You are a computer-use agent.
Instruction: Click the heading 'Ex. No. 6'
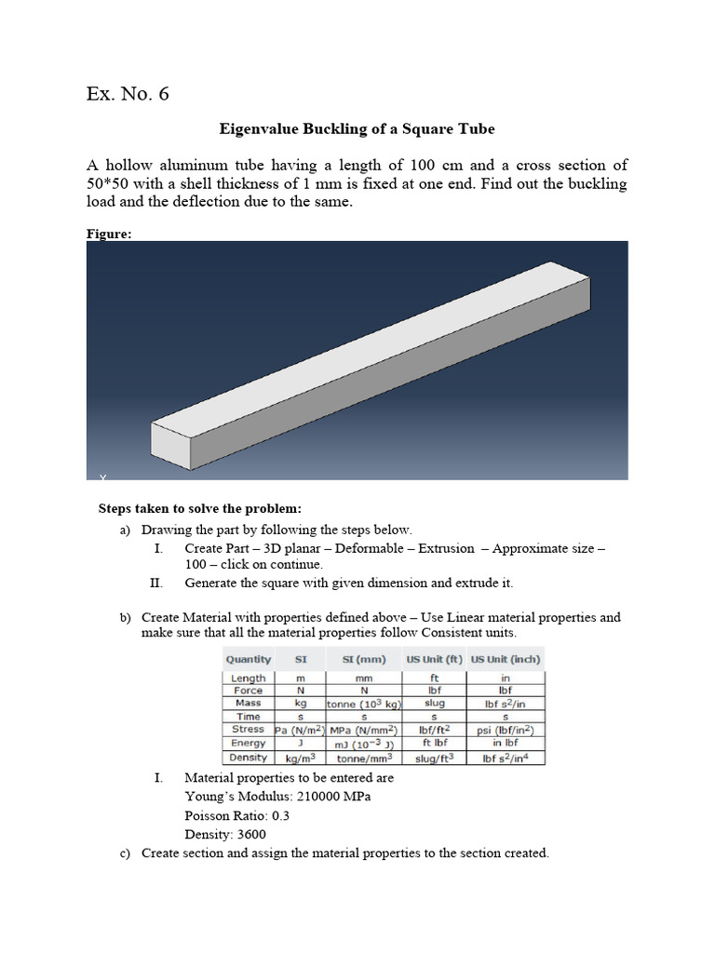click(x=128, y=94)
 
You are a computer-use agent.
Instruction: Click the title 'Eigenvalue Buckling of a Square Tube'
click(x=357, y=129)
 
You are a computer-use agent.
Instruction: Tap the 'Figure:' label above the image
click(x=108, y=235)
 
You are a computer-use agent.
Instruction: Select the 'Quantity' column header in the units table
click(x=249, y=659)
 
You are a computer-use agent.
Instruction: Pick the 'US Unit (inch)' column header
click(x=506, y=659)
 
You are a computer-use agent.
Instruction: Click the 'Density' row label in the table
click(x=249, y=758)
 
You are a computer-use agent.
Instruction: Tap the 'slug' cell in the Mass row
click(x=434, y=704)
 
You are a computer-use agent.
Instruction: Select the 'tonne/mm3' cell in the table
click(x=363, y=758)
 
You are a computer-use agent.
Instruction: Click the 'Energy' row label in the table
click(x=249, y=744)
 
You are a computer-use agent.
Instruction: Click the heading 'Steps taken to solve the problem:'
click(x=200, y=509)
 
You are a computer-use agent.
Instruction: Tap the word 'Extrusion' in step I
click(x=446, y=548)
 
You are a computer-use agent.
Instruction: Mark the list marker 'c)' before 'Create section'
click(x=125, y=852)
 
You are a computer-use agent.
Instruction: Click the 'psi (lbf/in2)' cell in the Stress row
click(x=506, y=731)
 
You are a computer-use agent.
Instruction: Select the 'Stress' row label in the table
click(x=249, y=730)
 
